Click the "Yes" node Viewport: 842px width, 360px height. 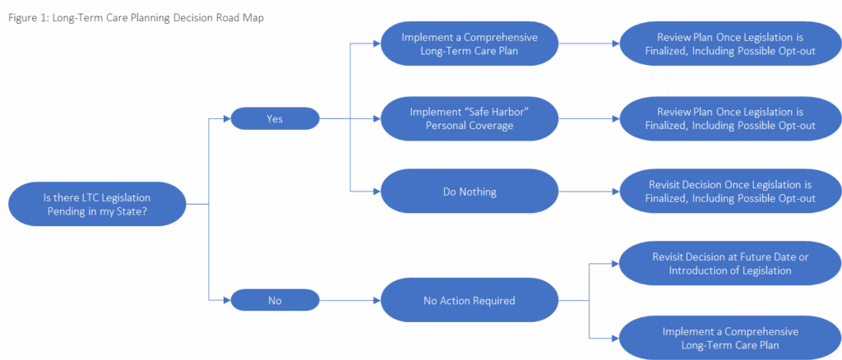275,118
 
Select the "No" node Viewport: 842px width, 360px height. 275,301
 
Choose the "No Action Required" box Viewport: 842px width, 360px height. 470,301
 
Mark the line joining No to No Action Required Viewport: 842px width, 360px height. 349,301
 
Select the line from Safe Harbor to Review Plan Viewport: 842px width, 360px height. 587,118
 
